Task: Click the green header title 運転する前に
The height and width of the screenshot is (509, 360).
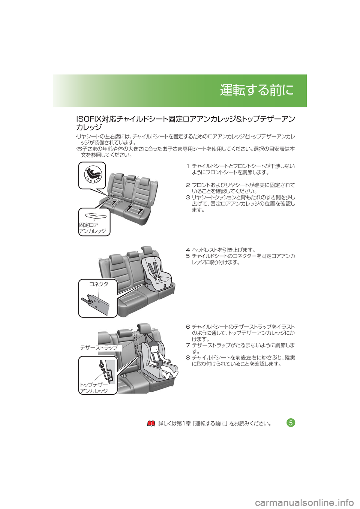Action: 256,90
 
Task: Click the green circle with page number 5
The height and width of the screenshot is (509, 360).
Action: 291,423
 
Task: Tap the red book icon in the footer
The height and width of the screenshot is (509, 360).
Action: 151,424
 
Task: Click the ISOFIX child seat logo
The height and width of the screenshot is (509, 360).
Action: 93,174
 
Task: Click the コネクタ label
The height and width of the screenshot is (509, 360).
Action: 99,284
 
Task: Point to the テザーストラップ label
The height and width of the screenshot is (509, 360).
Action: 99,347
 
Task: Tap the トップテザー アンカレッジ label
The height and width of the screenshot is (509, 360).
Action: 94,388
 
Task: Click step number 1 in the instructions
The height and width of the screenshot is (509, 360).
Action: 188,166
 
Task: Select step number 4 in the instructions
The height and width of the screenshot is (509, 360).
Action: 188,250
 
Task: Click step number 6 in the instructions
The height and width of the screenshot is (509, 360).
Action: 188,327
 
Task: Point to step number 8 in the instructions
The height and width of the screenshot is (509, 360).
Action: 188,358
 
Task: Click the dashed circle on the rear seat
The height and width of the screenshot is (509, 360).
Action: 111,196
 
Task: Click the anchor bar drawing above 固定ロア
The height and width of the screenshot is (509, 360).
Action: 96,216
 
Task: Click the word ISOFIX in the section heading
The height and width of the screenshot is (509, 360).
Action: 89,119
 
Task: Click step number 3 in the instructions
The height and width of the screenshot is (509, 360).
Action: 188,198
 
